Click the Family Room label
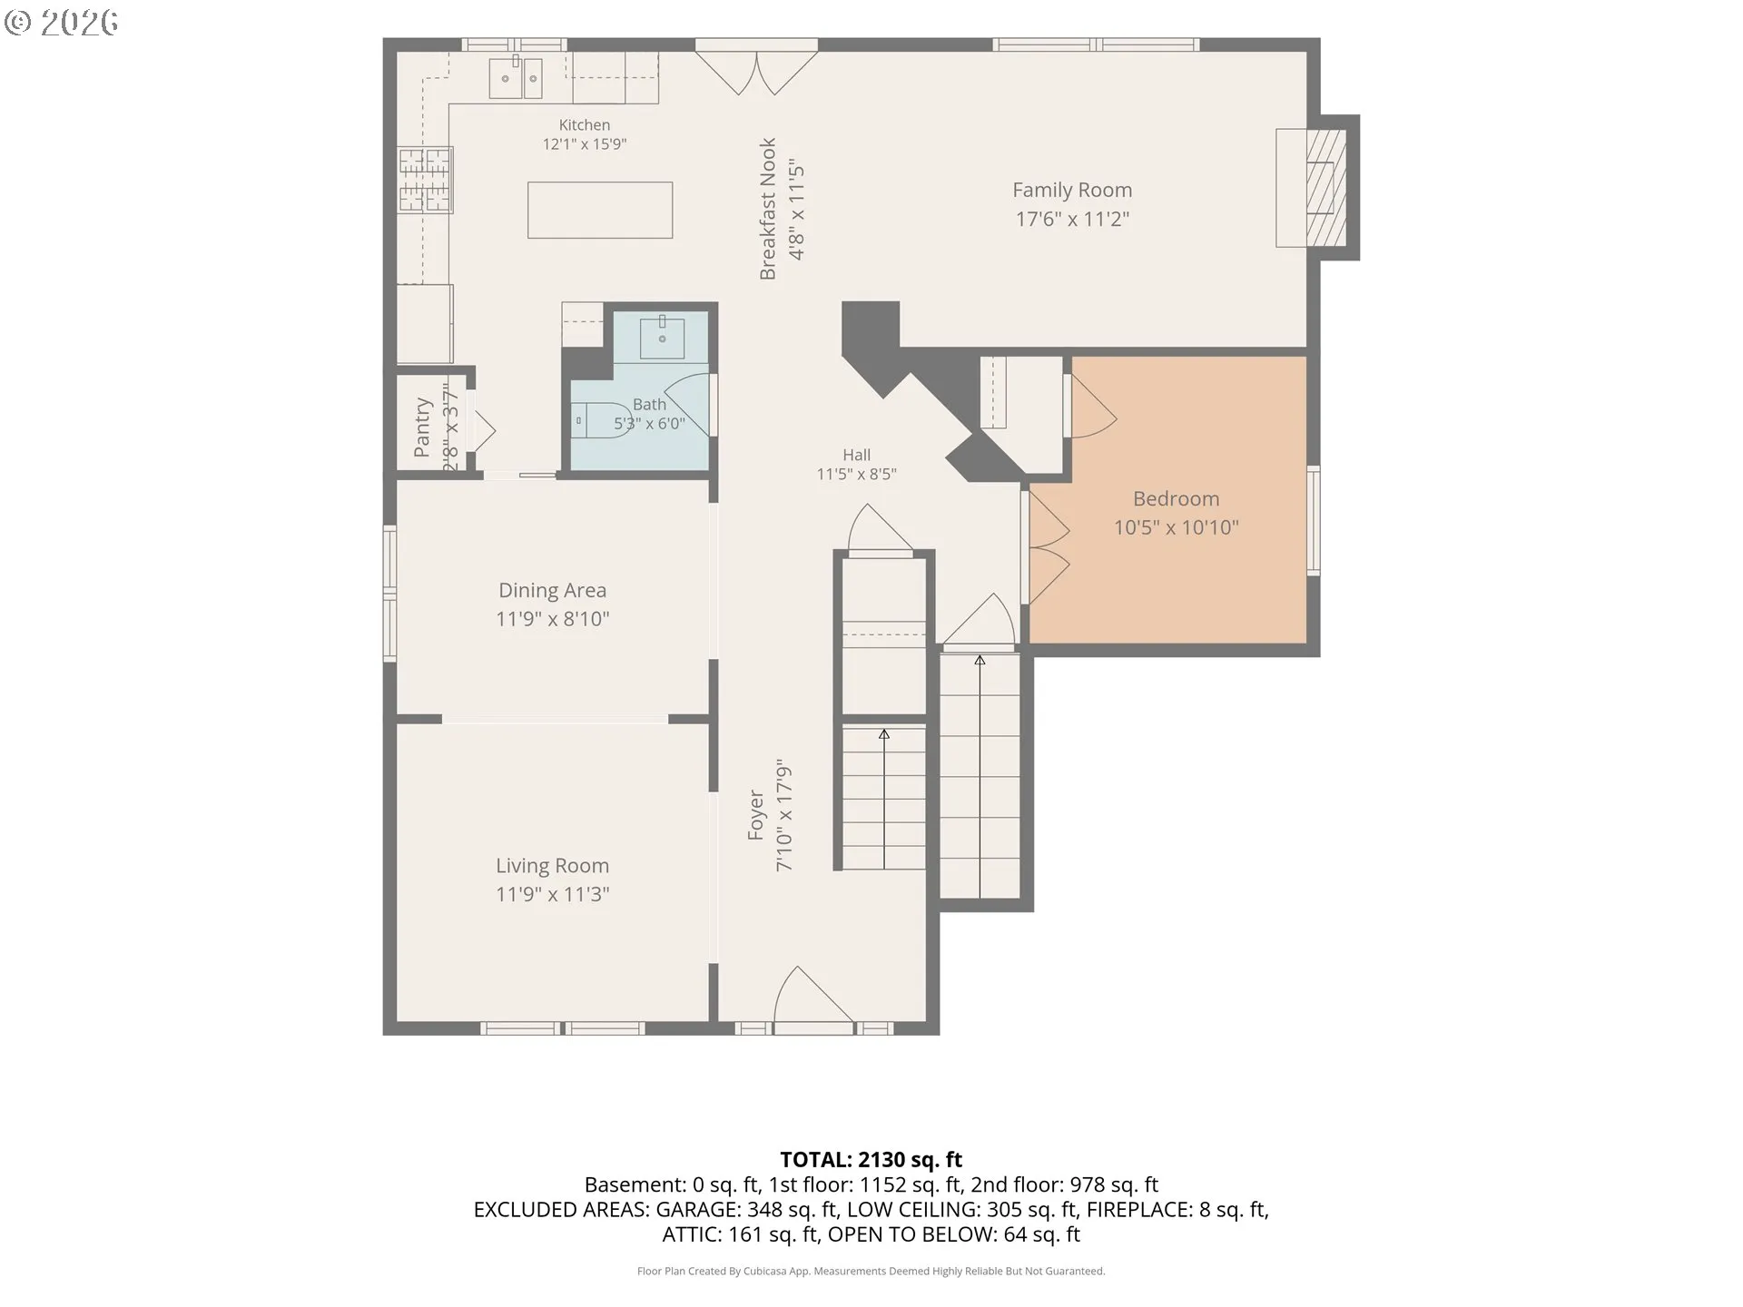pos(1072,190)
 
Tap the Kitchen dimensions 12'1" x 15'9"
pos(585,143)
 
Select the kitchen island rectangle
pos(600,210)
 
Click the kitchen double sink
pos(516,78)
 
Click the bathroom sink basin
pos(662,338)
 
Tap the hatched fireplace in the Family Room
pos(1325,188)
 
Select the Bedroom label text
pos(1176,498)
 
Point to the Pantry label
pos(422,426)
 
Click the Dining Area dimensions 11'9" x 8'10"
pos(552,619)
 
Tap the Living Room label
pos(552,866)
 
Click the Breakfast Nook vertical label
pos(768,209)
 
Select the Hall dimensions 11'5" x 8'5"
pos(856,474)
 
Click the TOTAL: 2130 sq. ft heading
pos(871,1159)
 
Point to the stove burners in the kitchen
pos(425,180)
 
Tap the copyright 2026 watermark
pos(62,23)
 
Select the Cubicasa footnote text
pos(871,1271)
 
